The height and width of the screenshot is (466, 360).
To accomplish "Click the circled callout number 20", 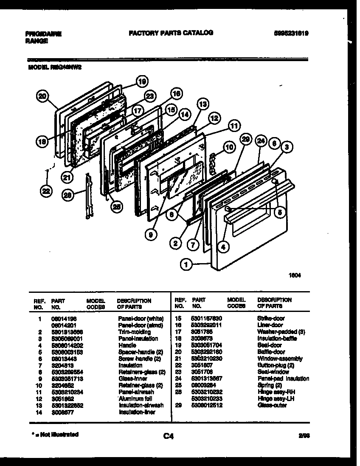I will pos(41,96).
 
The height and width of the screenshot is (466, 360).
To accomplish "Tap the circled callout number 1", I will pos(186,265).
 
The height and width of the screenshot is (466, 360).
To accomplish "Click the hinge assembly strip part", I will pos(88,196).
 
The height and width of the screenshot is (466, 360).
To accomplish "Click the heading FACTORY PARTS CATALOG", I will pos(171,33).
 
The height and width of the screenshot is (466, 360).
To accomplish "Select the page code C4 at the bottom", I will pos(168,436).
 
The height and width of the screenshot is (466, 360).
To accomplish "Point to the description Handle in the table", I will pos(127,345).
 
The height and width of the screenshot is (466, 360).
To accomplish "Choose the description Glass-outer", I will pos(272,405).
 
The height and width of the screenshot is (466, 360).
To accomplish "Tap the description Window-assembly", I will pos(280,359).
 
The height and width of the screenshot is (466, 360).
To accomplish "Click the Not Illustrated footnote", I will pos(55,435).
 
